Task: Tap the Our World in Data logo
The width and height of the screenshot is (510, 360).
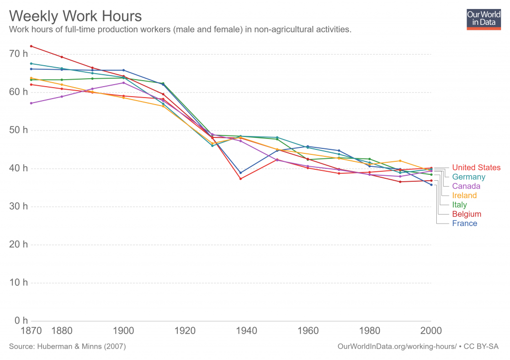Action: [x=483, y=18]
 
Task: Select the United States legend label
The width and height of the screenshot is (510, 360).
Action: [x=476, y=167]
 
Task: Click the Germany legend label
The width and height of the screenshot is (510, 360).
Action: [x=469, y=177]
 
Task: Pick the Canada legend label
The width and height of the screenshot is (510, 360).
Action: [x=466, y=186]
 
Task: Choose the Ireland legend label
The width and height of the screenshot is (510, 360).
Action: [x=464, y=196]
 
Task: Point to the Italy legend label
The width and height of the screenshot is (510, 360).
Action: [x=459, y=205]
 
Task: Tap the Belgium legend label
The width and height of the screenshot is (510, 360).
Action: [x=467, y=214]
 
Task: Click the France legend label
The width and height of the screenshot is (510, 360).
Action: [x=464, y=223]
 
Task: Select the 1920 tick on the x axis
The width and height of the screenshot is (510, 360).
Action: [x=185, y=330]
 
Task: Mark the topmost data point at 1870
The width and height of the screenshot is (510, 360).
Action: [x=31, y=46]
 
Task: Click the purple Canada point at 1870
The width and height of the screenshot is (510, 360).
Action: [x=31, y=103]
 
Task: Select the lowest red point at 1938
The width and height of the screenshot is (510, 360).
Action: [x=241, y=179]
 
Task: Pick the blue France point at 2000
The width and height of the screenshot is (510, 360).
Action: [x=431, y=185]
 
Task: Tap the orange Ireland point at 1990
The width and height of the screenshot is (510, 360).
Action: [x=400, y=161]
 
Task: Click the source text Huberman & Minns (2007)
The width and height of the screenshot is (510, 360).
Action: [x=68, y=346]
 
